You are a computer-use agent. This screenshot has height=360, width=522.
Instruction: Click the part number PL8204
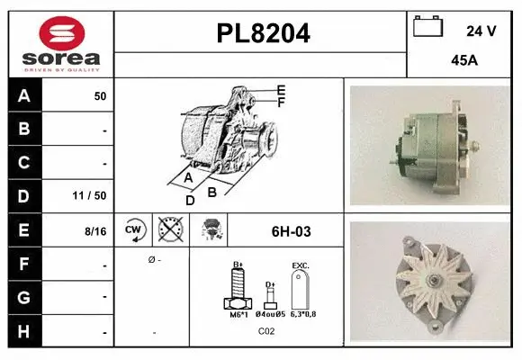pyautogui.click(x=263, y=34)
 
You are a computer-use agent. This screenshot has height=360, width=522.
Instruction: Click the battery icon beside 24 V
pyautogui.click(x=427, y=28)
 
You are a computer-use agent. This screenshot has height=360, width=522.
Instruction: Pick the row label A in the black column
pyautogui.click(x=24, y=95)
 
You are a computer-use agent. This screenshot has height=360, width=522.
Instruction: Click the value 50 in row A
pyautogui.click(x=100, y=95)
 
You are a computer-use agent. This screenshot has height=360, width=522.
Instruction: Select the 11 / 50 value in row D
pyautogui.click(x=92, y=196)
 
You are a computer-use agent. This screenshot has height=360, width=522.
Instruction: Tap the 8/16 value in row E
pyautogui.click(x=94, y=231)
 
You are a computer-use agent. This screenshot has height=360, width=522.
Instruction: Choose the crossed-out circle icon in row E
pyautogui.click(x=168, y=230)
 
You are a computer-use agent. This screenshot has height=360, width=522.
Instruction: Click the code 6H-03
pyautogui.click(x=291, y=231)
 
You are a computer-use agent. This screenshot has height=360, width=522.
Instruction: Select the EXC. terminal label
pyautogui.click(x=301, y=266)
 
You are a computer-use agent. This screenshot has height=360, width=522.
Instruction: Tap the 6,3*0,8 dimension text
pyautogui.click(x=303, y=314)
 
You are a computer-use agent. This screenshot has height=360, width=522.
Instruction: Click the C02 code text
pyautogui.click(x=266, y=331)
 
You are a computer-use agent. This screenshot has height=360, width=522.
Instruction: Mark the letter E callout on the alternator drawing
pyautogui.click(x=281, y=90)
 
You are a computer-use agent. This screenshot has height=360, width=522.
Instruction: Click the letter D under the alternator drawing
pyautogui.click(x=190, y=200)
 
